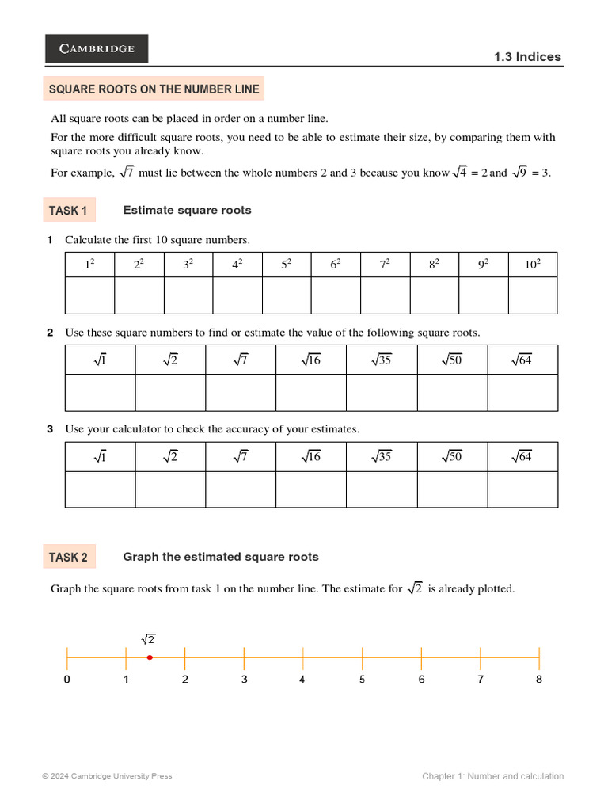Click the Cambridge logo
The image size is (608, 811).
tap(97, 48)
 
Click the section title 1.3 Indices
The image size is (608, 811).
tap(527, 57)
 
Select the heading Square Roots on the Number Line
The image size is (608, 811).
tap(154, 89)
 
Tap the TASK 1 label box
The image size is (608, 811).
tap(69, 210)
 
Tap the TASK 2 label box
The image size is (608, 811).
tap(69, 557)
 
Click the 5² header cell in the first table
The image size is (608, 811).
tap(287, 265)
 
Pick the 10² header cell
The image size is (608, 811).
tap(532, 265)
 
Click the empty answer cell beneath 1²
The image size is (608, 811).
tap(89, 295)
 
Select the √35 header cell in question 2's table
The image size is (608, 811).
tap(382, 360)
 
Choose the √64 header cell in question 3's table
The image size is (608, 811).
tap(522, 457)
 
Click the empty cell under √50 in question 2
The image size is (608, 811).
tap(452, 393)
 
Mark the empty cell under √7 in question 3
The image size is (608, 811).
tap(241, 489)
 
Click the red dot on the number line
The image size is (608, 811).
tap(150, 657)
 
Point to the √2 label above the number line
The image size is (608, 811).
tap(148, 639)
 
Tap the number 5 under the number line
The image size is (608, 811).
tap(362, 680)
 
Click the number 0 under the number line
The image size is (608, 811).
tap(66, 680)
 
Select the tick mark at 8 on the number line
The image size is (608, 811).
tap(539, 657)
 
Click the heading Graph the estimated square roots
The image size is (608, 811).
tap(221, 557)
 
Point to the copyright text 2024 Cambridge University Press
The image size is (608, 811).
tap(107, 776)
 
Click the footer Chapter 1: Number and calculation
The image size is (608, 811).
tap(492, 776)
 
